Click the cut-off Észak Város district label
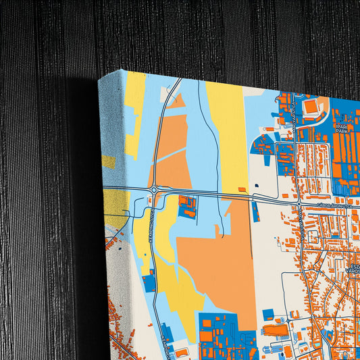pos(353,266)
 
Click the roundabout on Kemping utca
pos(155,190)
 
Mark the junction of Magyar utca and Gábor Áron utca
pos(299,203)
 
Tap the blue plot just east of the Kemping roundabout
pos(187,205)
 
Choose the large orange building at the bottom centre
pos(276,330)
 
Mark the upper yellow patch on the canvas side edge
pos(108,161)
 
